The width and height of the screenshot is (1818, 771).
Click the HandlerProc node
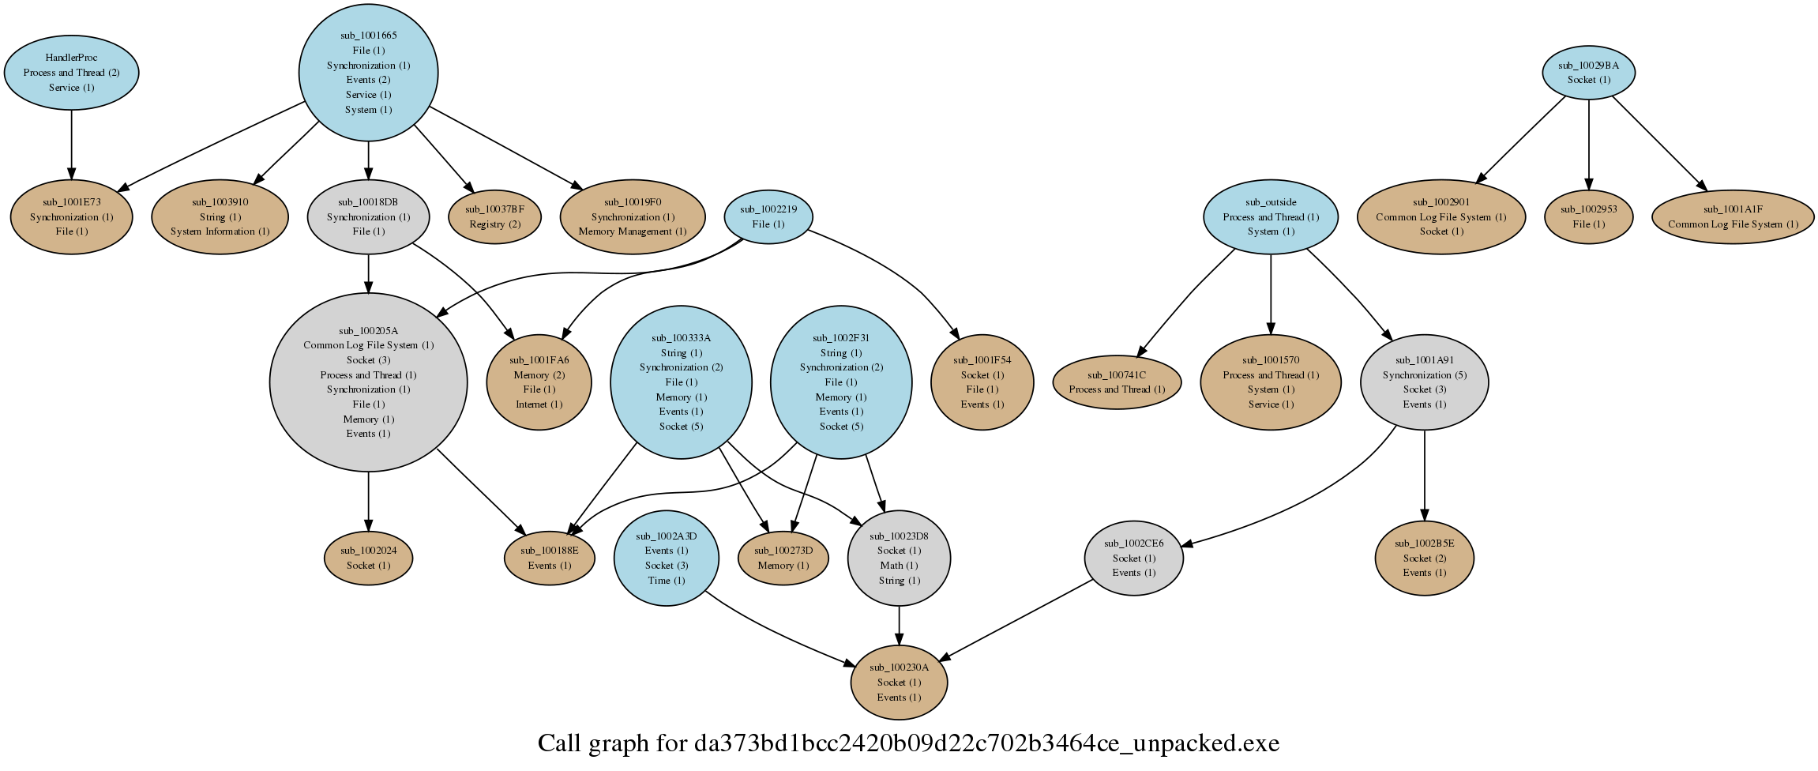(71, 72)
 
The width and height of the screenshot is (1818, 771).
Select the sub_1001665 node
(368, 72)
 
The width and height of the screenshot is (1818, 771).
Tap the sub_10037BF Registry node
(494, 216)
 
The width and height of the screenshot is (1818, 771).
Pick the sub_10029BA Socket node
(1588, 72)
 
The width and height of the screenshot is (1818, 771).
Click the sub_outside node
(1270, 216)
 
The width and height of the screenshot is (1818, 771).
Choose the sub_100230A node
(899, 682)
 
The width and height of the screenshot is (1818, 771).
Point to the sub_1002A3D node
(666, 558)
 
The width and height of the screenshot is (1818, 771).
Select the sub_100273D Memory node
(783, 558)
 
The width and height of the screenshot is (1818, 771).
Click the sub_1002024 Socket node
(368, 558)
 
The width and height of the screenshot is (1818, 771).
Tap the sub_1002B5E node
(1424, 558)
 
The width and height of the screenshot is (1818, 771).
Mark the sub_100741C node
(1116, 382)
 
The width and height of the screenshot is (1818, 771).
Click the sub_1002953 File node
(1588, 216)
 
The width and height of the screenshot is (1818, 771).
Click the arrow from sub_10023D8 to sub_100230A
(899, 626)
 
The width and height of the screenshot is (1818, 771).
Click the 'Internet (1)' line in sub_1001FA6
(539, 404)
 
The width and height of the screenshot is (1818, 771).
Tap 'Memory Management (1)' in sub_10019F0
(632, 231)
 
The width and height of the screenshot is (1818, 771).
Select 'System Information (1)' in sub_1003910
(220, 231)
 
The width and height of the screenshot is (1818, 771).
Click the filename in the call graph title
(986, 743)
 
